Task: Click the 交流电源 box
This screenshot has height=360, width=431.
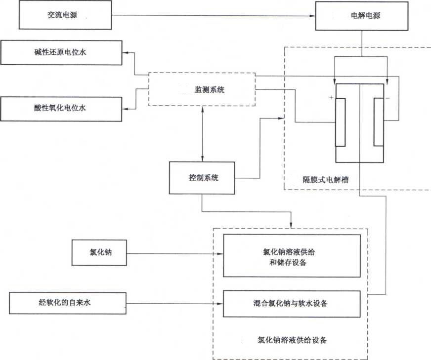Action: pyautogui.click(x=66, y=16)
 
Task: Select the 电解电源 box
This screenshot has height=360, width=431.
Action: pyautogui.click(x=362, y=16)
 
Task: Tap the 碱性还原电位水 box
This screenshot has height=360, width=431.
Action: pyautogui.click(x=61, y=53)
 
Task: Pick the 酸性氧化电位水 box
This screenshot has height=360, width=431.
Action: pyautogui.click(x=61, y=108)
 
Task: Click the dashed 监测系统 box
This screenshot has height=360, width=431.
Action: pyautogui.click(x=202, y=89)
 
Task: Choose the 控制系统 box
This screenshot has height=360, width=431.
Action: pyautogui.click(x=203, y=177)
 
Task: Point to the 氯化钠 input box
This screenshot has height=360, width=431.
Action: pyautogui.click(x=99, y=254)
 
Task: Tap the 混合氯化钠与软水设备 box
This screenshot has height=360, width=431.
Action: pyautogui.click(x=292, y=302)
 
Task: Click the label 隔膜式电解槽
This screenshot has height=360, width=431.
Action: pyautogui.click(x=325, y=180)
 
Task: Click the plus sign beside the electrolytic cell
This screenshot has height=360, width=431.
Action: pyautogui.click(x=330, y=98)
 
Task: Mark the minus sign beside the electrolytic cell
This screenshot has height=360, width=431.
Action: pyautogui.click(x=388, y=98)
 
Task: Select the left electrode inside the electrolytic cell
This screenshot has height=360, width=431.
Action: pyautogui.click(x=340, y=122)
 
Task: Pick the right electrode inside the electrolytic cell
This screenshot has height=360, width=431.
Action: pyautogui.click(x=379, y=122)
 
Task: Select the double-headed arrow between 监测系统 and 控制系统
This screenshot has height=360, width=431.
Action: pyautogui.click(x=203, y=133)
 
